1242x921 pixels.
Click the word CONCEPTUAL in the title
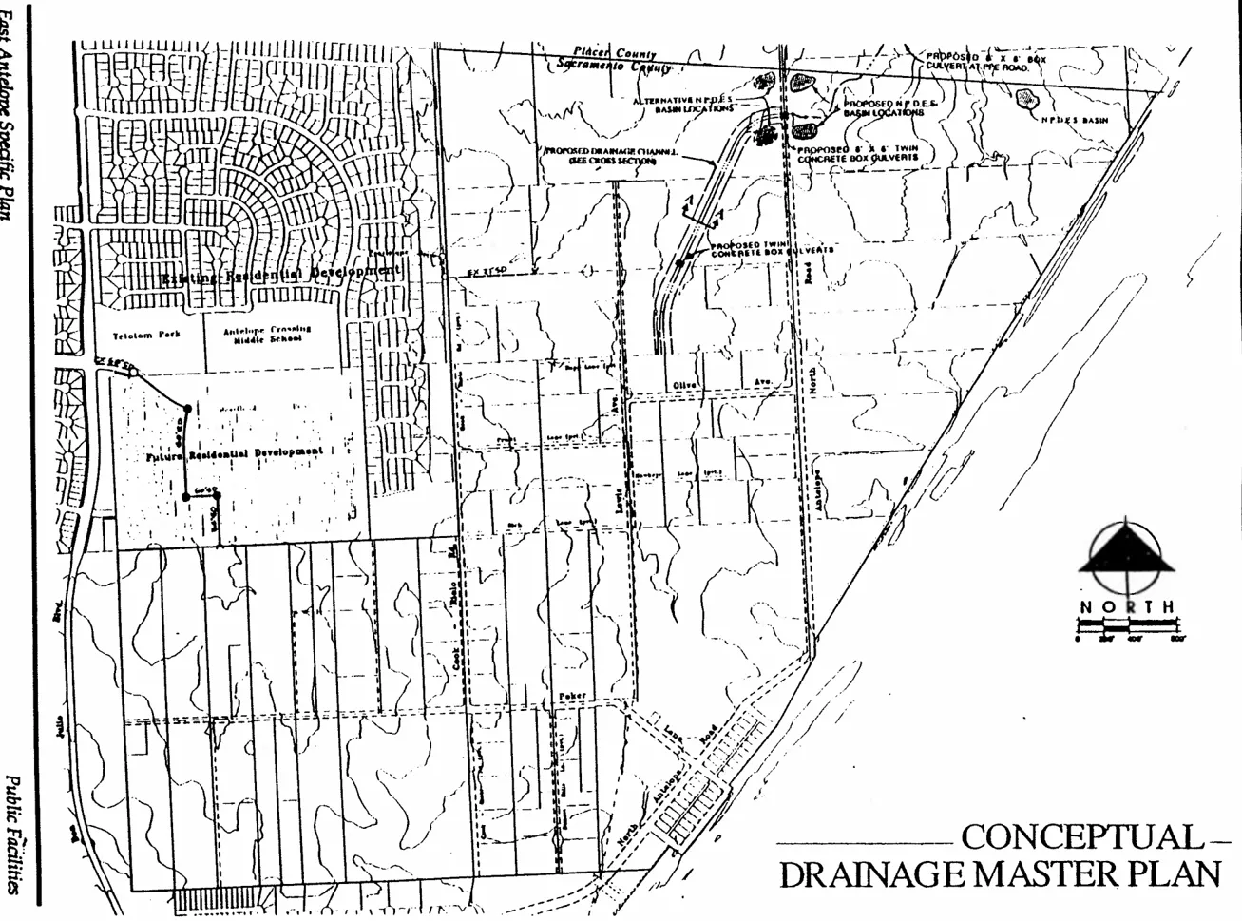(x=1081, y=836)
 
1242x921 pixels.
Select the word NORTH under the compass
(x=1126, y=606)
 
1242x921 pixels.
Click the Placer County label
(x=614, y=53)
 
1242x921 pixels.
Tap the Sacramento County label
(x=614, y=67)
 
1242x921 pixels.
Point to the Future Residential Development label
(x=235, y=453)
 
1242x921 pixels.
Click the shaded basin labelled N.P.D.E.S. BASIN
(x=1026, y=98)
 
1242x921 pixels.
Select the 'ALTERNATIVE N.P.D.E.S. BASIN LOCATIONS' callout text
(x=683, y=104)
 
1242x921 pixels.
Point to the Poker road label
(x=573, y=696)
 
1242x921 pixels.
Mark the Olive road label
(x=685, y=383)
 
